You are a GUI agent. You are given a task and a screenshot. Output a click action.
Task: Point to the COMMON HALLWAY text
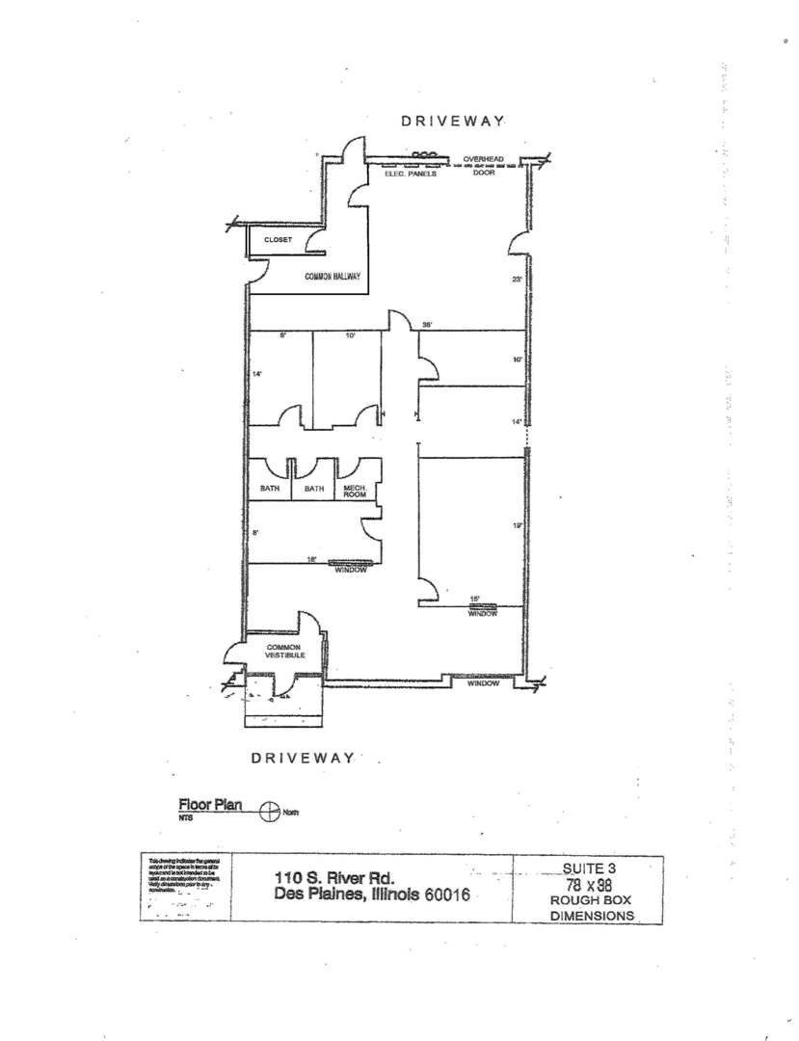[x=332, y=277]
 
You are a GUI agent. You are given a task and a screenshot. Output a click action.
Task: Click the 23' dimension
[x=517, y=280]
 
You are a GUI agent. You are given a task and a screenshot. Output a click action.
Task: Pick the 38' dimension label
[x=427, y=325]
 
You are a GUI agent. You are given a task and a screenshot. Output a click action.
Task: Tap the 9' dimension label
[x=284, y=336]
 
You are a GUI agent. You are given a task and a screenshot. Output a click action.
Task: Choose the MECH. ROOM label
[x=357, y=492]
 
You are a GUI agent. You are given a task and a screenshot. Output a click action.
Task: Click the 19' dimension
[x=517, y=525]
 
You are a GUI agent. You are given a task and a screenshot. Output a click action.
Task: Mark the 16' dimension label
[x=312, y=558]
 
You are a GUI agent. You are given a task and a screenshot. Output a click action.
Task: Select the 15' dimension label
[x=473, y=599]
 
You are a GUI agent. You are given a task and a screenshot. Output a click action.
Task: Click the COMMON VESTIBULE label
[x=285, y=651]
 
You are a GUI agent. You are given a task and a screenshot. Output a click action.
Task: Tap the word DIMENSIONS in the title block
[x=592, y=917]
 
